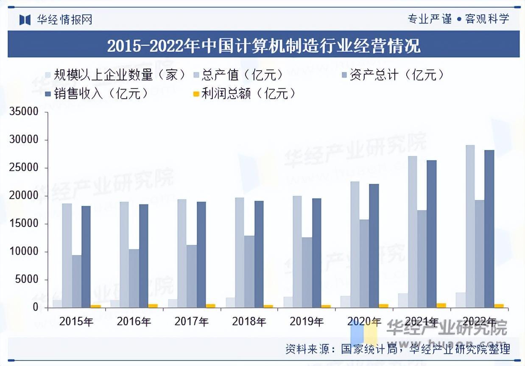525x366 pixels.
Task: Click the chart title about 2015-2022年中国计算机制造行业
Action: pos(263,45)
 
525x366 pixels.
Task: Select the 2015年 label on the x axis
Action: pos(76,322)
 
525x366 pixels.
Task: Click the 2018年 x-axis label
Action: pos(249,322)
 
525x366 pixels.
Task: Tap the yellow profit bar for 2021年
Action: pos(441,305)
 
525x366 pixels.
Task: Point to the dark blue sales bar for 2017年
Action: pos(201,255)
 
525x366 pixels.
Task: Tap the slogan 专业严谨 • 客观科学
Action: pos(458,19)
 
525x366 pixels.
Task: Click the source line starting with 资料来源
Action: pos(397,349)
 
